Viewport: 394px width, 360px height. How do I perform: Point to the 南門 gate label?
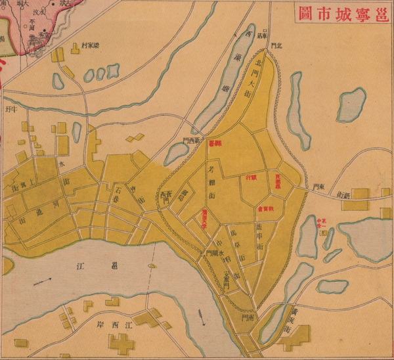coord(248,317)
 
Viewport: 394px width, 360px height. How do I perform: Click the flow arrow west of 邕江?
coord(41,281)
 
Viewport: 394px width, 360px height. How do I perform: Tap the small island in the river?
coord(152,265)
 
